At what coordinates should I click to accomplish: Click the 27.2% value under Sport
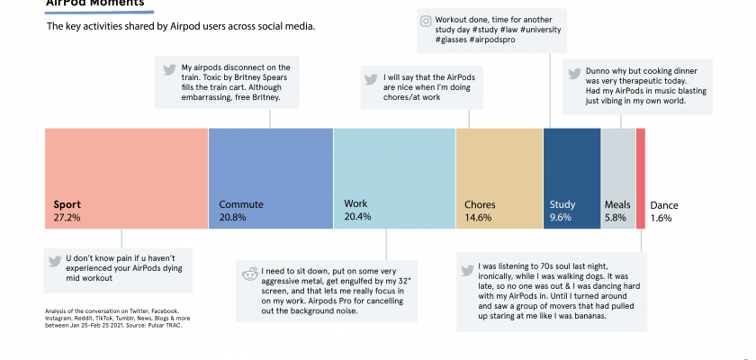coord(67,218)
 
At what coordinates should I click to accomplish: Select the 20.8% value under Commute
coord(233,218)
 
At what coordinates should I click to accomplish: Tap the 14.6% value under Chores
coord(478,218)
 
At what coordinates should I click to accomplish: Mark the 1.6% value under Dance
coord(661,218)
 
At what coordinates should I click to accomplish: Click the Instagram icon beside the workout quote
coord(427,19)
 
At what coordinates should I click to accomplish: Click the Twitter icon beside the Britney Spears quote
coord(168,68)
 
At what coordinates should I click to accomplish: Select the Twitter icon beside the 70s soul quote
coord(467,268)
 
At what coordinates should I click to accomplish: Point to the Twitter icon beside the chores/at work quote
coord(370,78)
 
